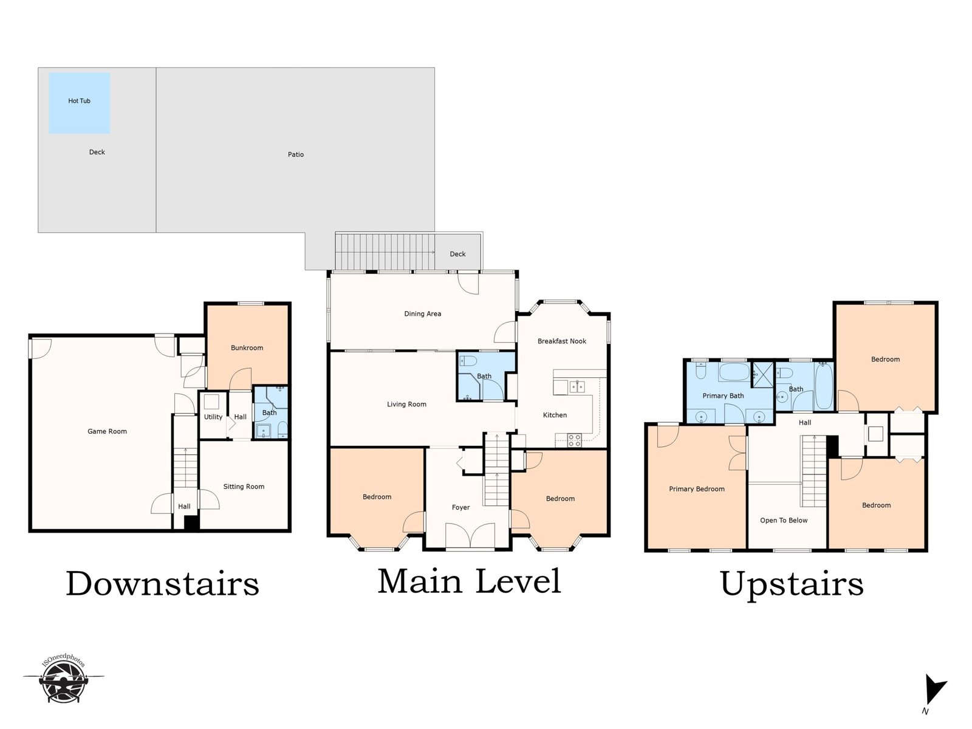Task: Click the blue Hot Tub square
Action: pyautogui.click(x=79, y=103)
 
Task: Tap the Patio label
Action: pyautogui.click(x=296, y=154)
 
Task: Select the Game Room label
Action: pyautogui.click(x=107, y=431)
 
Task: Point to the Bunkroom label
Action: pyautogui.click(x=247, y=348)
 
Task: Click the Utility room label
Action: pyautogui.click(x=213, y=417)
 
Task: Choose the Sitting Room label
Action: pyautogui.click(x=244, y=487)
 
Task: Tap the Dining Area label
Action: pyautogui.click(x=422, y=314)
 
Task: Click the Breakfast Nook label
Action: pyautogui.click(x=562, y=341)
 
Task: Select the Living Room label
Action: pyautogui.click(x=406, y=404)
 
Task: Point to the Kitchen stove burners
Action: pyautogui.click(x=575, y=440)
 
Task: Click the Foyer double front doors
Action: pyautogui.click(x=470, y=536)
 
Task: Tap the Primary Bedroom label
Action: pyautogui.click(x=697, y=489)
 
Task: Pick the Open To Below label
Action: pyautogui.click(x=784, y=521)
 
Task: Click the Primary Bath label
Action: pyautogui.click(x=723, y=395)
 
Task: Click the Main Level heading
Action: pyautogui.click(x=470, y=581)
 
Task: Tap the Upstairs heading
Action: pyautogui.click(x=792, y=584)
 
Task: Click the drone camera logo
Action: pyautogui.click(x=63, y=679)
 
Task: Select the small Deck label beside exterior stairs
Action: pyautogui.click(x=457, y=254)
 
